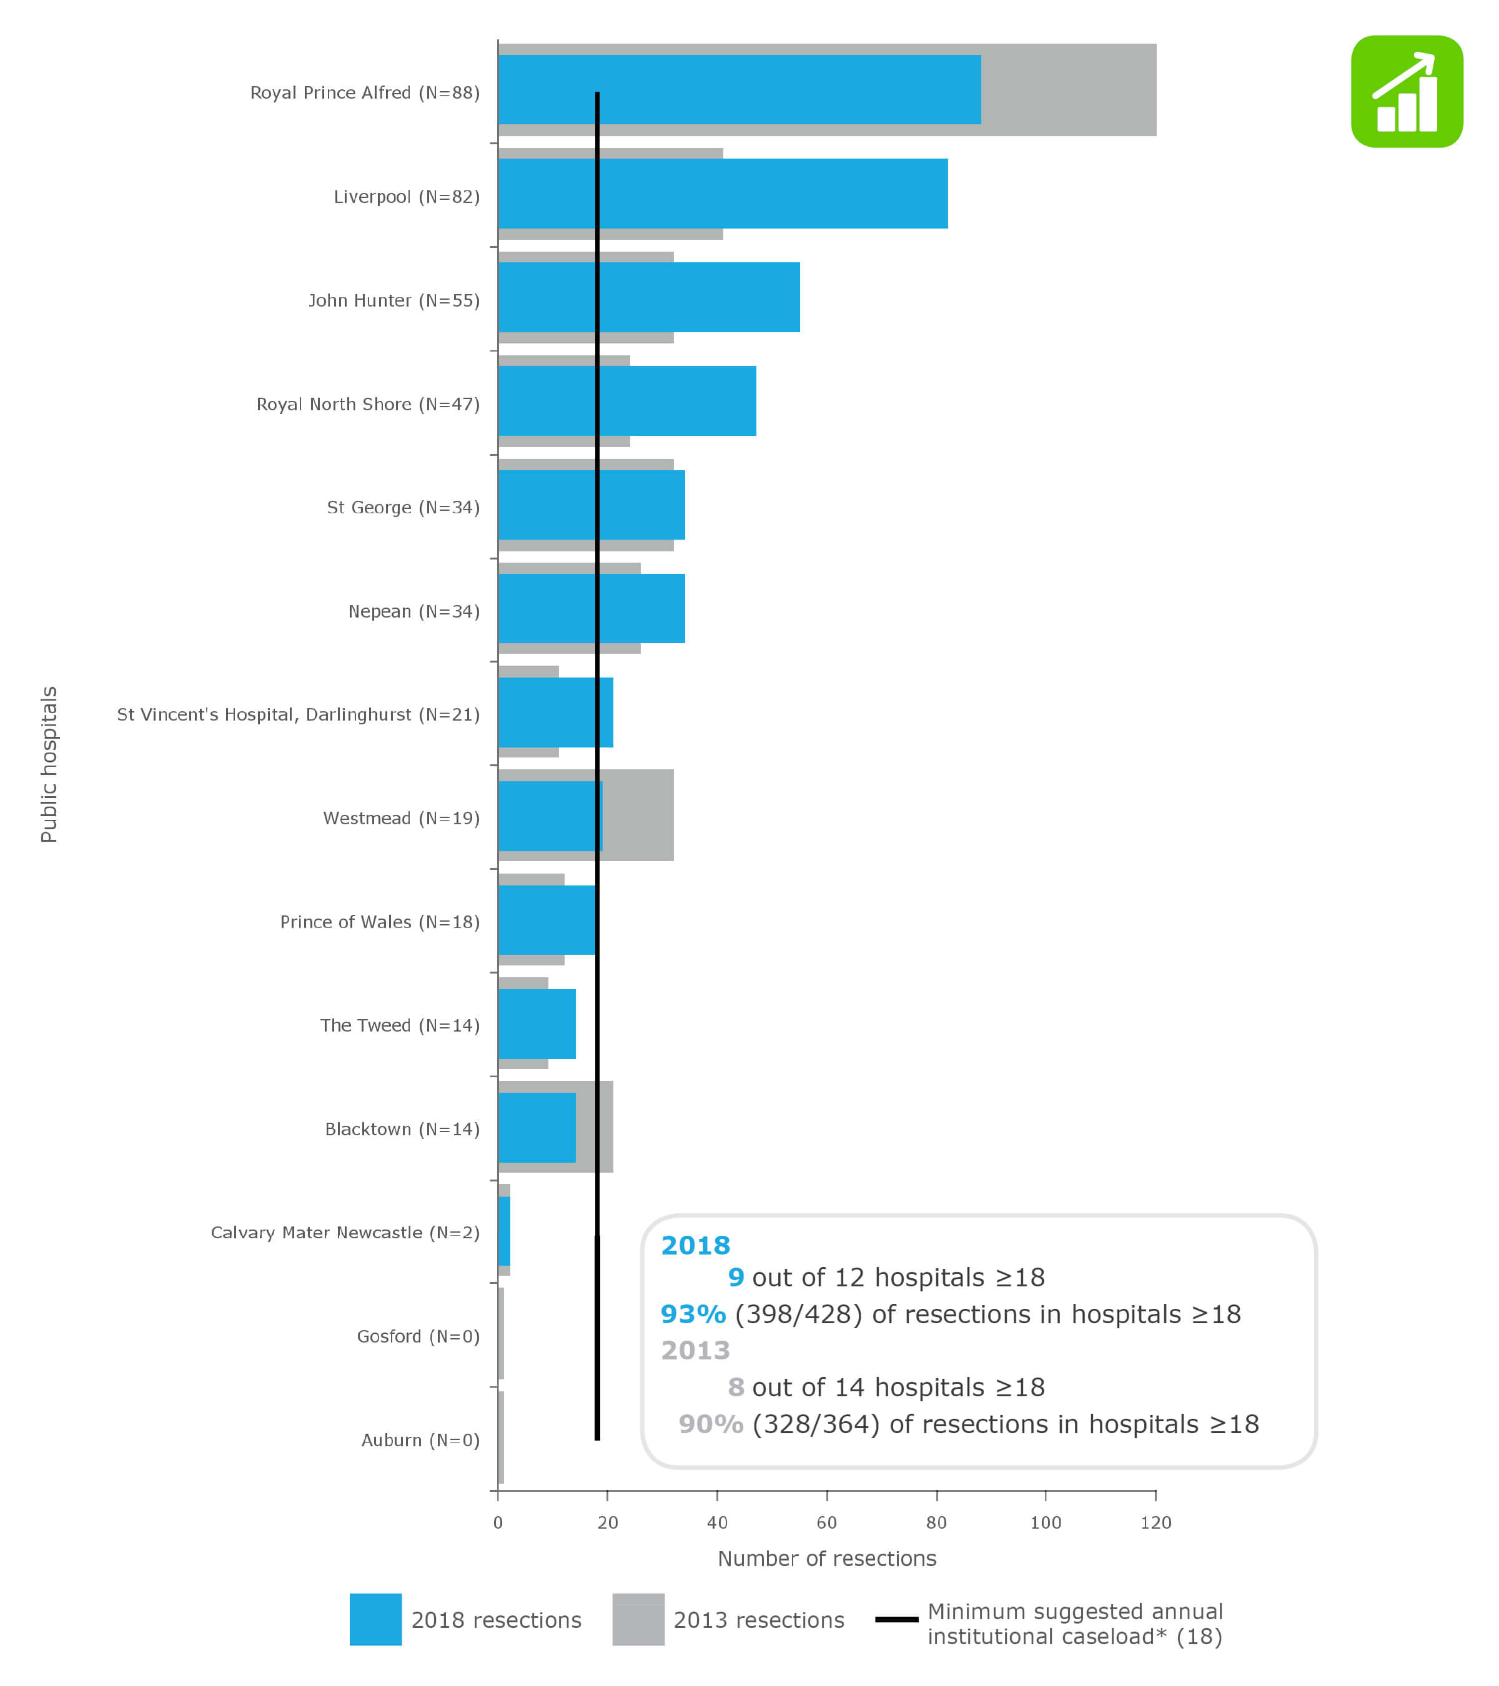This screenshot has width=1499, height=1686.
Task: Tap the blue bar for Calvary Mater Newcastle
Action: tap(504, 1231)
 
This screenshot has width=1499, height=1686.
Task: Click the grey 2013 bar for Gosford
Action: tap(501, 1334)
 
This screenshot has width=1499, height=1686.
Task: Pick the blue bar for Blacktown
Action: tap(537, 1128)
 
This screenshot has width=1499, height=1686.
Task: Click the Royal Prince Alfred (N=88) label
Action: tap(365, 92)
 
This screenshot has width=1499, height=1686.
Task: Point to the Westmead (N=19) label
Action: tap(401, 818)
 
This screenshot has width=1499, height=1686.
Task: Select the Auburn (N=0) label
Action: tap(420, 1439)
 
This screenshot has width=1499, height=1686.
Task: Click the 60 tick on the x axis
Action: tap(827, 1522)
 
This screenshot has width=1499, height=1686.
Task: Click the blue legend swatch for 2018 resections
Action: tap(375, 1619)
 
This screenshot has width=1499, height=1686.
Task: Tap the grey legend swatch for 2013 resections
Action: tap(638, 1619)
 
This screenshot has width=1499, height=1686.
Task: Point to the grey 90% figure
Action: tap(710, 1424)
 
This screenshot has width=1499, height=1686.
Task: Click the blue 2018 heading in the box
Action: tap(695, 1246)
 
